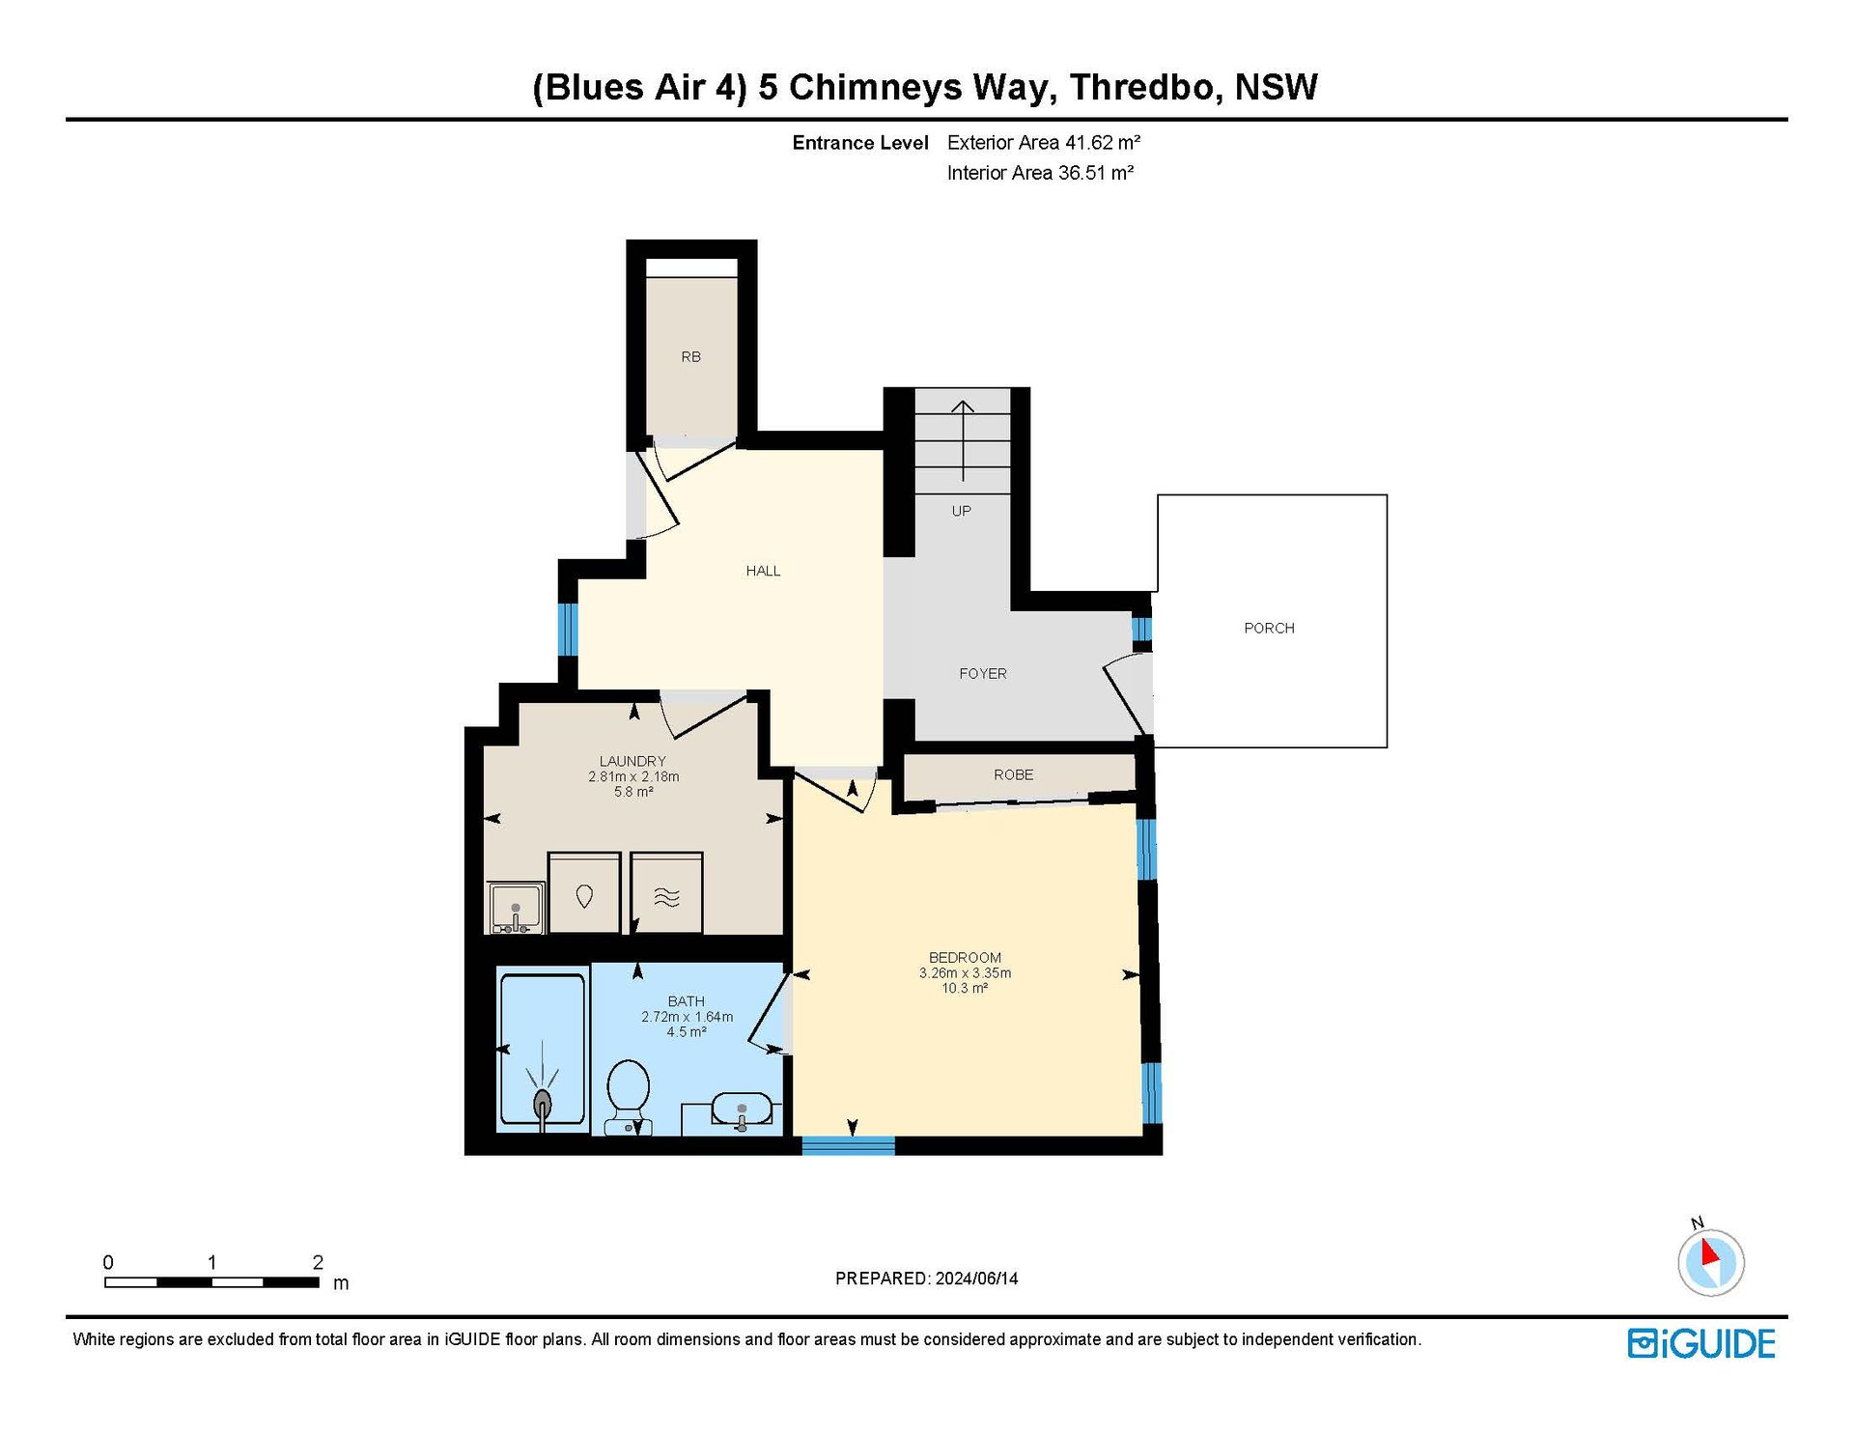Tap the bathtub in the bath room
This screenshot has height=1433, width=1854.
[x=542, y=1050]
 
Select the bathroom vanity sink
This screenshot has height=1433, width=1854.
[x=742, y=1110]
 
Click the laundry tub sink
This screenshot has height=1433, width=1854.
[x=516, y=909]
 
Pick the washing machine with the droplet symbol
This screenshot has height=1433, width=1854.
[x=584, y=893]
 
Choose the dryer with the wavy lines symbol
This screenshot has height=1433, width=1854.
[x=667, y=893]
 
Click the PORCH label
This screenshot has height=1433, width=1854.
[x=1269, y=628]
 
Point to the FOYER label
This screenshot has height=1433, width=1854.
[x=983, y=674]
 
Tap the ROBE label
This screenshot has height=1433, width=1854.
[x=1014, y=774]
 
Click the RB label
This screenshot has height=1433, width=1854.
[x=690, y=357]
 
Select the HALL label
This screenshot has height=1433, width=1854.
[x=763, y=571]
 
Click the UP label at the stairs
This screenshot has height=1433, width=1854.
[x=962, y=511]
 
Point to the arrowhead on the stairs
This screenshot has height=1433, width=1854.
[x=963, y=407]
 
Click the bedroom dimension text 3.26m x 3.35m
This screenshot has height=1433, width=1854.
[x=965, y=973]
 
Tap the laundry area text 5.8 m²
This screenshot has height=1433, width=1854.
[x=633, y=792]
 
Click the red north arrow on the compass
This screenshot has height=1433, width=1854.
[x=1709, y=1252]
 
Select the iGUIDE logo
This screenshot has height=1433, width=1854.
[x=1701, y=1344]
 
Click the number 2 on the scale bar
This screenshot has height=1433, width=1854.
[x=318, y=1262]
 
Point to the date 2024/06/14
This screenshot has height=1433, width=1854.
[x=976, y=1278]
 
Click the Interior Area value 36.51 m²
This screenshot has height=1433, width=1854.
[x=1096, y=173]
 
